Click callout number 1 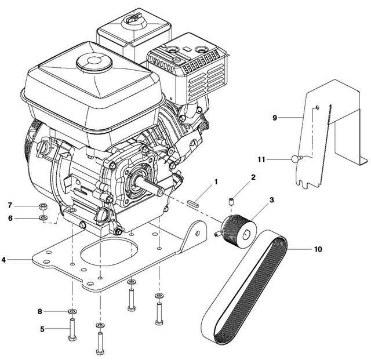216,181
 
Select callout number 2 253,177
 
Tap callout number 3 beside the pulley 271,200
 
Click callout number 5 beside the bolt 42,329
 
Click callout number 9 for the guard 275,118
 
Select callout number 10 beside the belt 317,250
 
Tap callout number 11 261,158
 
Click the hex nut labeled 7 43,206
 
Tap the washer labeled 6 43,218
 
